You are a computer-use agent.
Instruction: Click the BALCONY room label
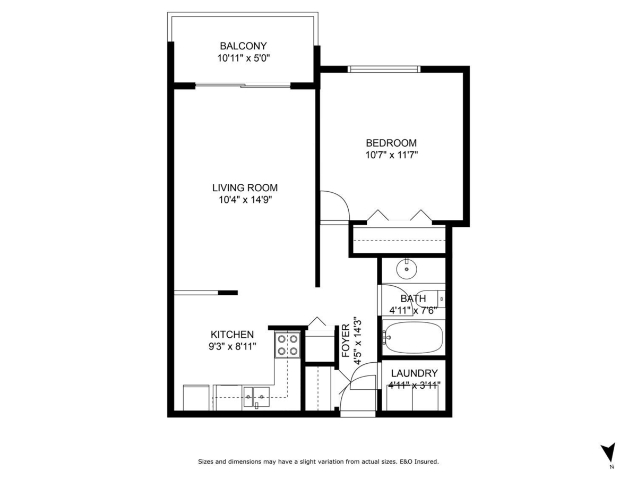tap(244, 46)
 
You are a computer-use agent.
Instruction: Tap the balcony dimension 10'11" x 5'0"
tap(244, 58)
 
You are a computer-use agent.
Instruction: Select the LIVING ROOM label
tap(245, 187)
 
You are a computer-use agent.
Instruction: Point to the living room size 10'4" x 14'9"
tap(245, 200)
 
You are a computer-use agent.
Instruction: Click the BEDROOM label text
tap(391, 143)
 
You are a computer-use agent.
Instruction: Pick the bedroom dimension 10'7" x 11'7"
tap(391, 155)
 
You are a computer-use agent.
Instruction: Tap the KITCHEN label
tap(232, 335)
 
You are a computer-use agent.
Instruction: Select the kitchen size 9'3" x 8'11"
tap(232, 347)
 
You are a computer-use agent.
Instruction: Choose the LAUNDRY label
tap(414, 373)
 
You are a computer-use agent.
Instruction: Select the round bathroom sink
tap(407, 269)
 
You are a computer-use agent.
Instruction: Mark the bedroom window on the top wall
tap(384, 69)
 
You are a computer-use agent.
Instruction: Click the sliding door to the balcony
tap(243, 86)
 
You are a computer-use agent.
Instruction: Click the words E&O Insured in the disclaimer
tap(420, 462)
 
